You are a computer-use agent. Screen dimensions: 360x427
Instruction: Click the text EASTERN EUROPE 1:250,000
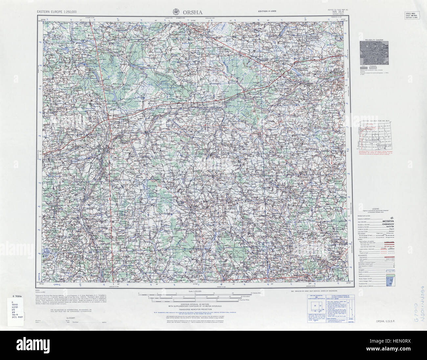(57, 12)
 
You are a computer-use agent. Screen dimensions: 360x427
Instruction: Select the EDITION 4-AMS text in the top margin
(267, 11)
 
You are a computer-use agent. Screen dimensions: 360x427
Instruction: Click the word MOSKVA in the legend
(388, 222)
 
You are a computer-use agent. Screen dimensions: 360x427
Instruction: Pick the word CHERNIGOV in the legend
(388, 224)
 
